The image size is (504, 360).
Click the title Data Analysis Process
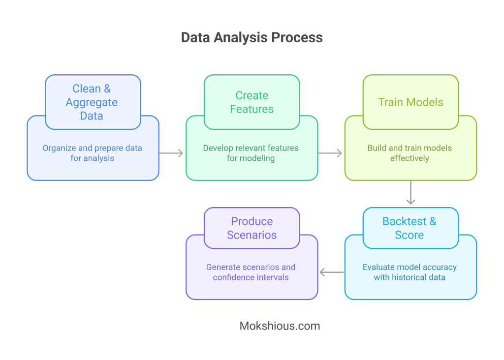(x=252, y=37)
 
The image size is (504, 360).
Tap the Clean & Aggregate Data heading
(x=92, y=102)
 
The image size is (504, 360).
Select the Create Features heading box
(x=252, y=102)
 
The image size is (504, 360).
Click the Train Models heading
(x=410, y=102)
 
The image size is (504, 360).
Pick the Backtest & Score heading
(x=409, y=228)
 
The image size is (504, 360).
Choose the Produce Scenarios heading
(x=252, y=228)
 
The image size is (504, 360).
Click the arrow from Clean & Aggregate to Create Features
(x=172, y=153)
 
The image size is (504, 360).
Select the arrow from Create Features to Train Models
(x=330, y=153)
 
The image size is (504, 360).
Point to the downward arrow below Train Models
(x=411, y=193)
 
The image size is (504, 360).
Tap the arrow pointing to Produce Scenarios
(x=331, y=272)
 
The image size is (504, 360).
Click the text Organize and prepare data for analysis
(x=92, y=153)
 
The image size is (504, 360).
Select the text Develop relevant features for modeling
(x=251, y=153)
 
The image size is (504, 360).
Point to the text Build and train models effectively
(x=409, y=153)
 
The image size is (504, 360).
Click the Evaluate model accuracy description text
(x=409, y=272)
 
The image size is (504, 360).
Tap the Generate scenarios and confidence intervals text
(x=251, y=272)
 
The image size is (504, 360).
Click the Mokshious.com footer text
(x=280, y=326)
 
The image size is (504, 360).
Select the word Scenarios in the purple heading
(x=252, y=235)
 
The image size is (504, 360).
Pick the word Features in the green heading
(x=252, y=109)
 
